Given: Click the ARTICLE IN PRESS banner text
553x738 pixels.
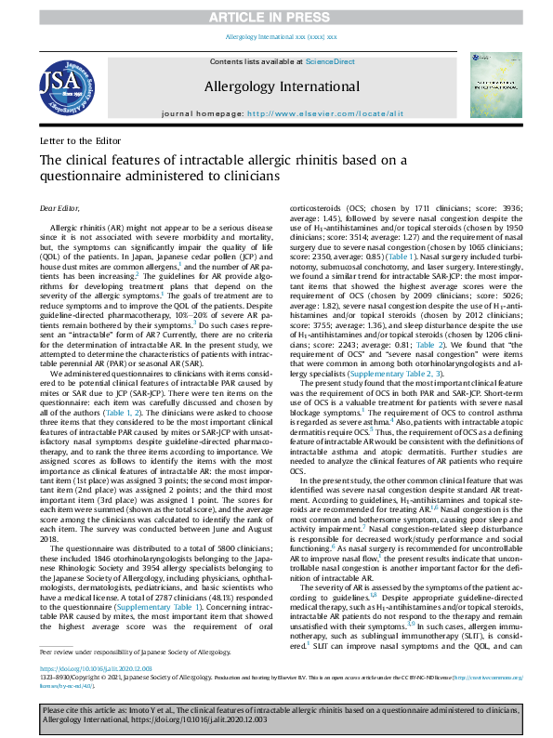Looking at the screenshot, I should click(276, 17).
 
